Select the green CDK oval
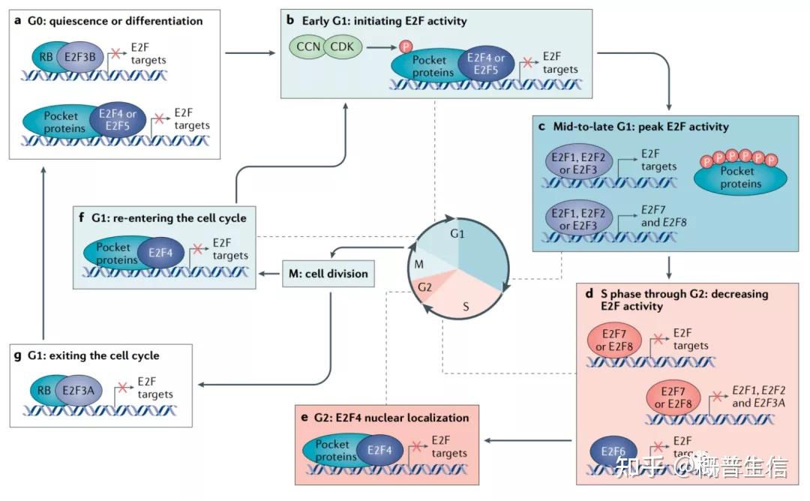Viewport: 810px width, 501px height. point(343,47)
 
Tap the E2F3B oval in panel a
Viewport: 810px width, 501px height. point(80,57)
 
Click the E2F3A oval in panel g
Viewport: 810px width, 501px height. point(79,391)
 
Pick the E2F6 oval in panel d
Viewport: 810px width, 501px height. point(613,451)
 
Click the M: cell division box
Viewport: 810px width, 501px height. point(328,274)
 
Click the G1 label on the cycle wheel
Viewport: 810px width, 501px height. point(457,233)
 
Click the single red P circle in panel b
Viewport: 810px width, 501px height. point(406,46)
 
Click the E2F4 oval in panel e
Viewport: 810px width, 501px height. point(379,451)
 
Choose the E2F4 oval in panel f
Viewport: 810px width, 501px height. point(160,253)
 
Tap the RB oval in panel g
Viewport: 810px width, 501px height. point(44,391)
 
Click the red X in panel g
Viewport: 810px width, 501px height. point(122,387)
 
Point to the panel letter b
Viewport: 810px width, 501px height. point(290,20)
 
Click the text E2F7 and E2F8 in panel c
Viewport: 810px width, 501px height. point(664,216)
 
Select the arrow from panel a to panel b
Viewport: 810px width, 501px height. point(250,52)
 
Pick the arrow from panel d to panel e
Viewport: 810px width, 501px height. point(528,440)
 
